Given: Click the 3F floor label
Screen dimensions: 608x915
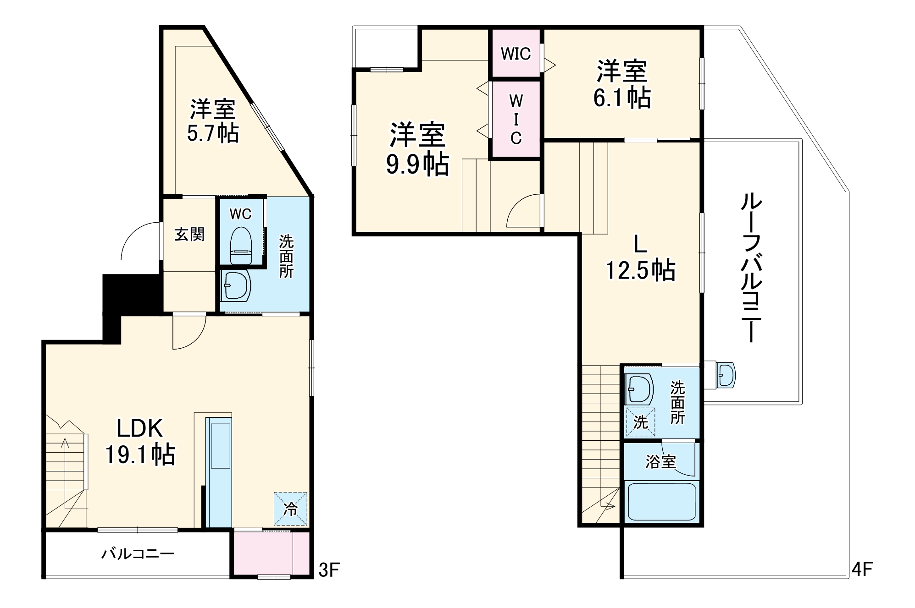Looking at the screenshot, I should (328, 570).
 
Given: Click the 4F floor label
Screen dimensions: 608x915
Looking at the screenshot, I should (861, 569).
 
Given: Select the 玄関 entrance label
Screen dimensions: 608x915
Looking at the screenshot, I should (189, 235).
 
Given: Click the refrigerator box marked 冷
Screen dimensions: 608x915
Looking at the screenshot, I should (290, 509).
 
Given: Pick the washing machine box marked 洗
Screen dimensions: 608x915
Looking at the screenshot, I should (640, 422).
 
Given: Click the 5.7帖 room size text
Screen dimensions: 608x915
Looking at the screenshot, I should (212, 133).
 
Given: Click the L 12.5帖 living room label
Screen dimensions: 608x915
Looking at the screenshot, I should (640, 258).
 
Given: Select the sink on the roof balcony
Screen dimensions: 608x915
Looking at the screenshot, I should (725, 375).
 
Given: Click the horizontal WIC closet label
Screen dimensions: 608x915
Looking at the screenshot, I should (516, 54).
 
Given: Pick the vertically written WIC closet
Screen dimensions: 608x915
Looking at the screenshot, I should (516, 119).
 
